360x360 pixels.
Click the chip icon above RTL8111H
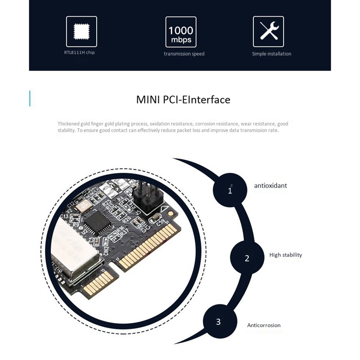[81, 31]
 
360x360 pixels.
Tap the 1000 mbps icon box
[181, 32]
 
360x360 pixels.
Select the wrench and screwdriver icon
[268, 31]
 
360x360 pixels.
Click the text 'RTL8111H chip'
[79, 53]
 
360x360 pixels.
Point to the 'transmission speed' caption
[184, 54]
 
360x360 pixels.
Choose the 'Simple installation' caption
[271, 54]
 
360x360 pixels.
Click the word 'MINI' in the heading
[148, 99]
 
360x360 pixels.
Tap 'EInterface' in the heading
[205, 99]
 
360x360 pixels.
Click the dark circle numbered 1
[230, 190]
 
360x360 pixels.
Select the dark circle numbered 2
[247, 258]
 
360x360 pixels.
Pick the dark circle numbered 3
[218, 322]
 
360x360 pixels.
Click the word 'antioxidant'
[270, 185]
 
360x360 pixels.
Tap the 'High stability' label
[285, 255]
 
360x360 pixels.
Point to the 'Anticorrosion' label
[264, 325]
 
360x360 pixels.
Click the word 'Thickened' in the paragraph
[68, 124]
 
